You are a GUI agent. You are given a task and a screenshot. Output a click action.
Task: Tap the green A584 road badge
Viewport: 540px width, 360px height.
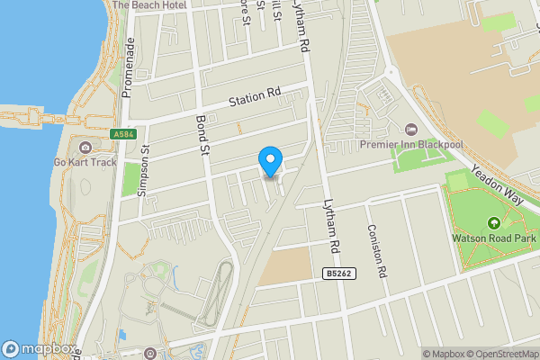[x=125, y=134]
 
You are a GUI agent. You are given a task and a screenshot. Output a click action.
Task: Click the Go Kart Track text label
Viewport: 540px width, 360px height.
[x=85, y=163]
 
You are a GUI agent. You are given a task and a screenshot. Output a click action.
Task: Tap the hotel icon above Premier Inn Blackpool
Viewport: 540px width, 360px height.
[x=411, y=129]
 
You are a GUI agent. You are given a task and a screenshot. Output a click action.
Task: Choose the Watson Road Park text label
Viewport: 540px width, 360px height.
[x=493, y=239]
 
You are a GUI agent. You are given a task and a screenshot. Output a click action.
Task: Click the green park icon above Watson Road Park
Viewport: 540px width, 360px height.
[x=493, y=223]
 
